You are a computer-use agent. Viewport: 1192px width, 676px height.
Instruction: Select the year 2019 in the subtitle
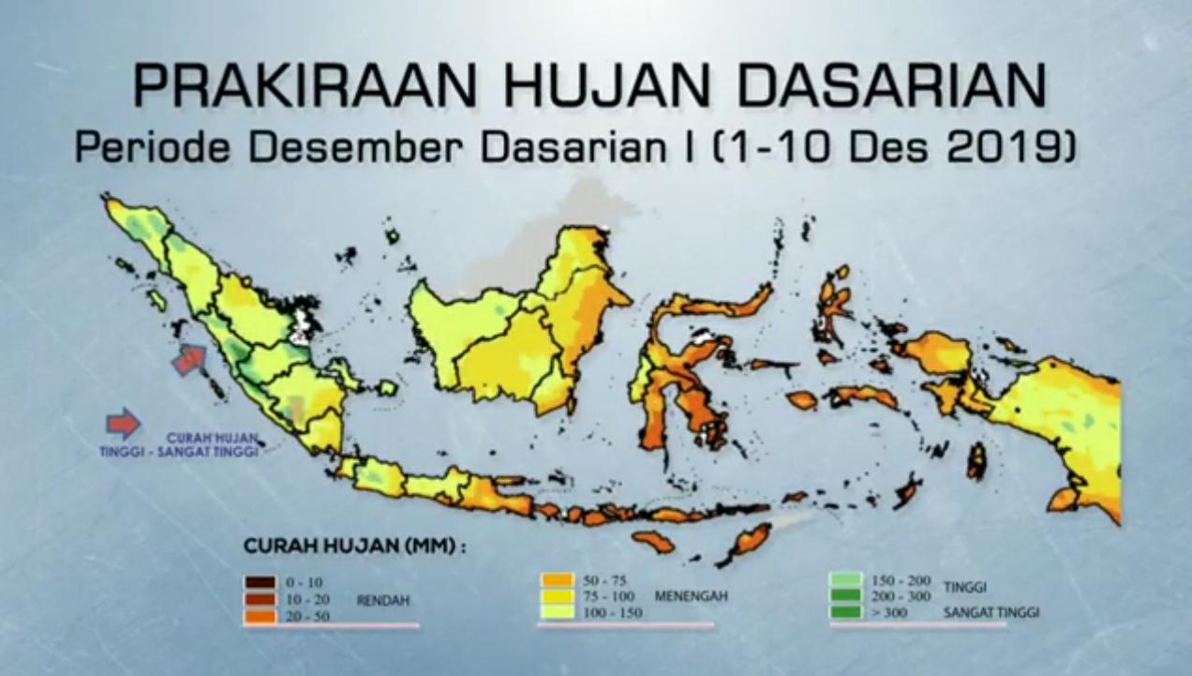point(1014,147)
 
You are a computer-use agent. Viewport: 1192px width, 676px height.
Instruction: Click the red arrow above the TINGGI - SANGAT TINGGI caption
point(123,424)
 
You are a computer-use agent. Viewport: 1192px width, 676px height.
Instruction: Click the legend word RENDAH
point(382,599)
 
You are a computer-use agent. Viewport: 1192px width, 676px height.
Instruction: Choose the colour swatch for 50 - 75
point(555,578)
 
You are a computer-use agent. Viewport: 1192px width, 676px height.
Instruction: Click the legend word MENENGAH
point(692,595)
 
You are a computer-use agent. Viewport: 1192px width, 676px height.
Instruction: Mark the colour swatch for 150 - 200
point(847,578)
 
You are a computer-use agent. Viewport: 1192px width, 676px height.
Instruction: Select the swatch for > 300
point(847,612)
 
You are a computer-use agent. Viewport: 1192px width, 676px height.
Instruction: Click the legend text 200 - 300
point(901,595)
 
